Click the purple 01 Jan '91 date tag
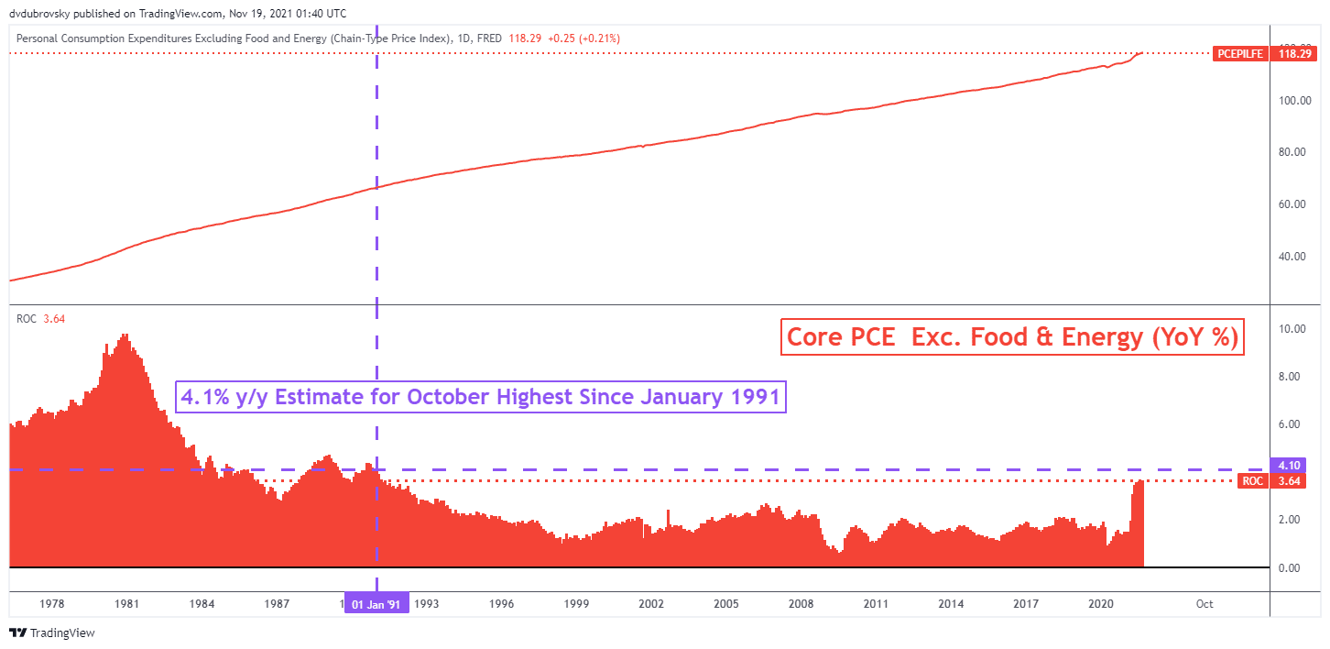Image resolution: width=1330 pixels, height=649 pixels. [376, 604]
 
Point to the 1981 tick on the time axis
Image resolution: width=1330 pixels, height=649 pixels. [127, 604]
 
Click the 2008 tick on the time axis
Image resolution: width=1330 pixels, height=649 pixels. [801, 604]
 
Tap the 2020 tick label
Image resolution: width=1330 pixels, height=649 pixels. [1100, 604]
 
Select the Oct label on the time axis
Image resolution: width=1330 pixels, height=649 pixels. [1205, 604]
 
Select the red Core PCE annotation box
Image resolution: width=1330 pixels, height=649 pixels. [1012, 337]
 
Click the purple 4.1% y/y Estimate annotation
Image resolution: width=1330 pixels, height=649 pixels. [480, 397]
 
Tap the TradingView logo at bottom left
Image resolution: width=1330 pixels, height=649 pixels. [52, 632]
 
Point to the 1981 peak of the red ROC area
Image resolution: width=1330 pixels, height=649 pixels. [125, 335]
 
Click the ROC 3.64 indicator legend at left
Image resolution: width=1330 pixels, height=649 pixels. [40, 318]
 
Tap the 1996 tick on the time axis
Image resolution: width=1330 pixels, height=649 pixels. [501, 604]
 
